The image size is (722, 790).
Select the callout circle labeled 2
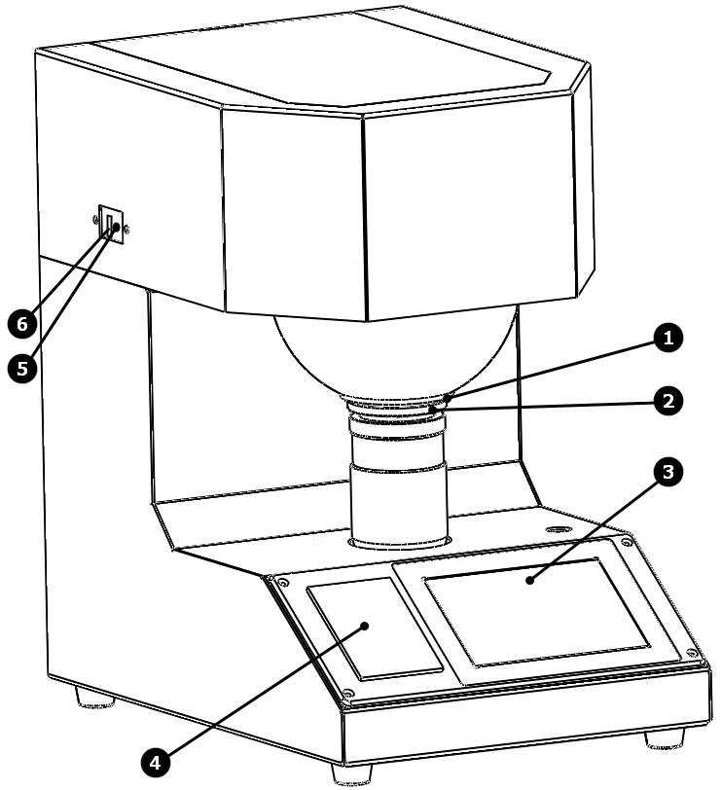(x=668, y=399)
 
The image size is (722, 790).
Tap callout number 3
(x=668, y=473)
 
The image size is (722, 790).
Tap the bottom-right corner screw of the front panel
(x=692, y=653)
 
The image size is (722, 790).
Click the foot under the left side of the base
(x=93, y=698)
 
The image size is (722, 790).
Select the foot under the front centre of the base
(x=352, y=773)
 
